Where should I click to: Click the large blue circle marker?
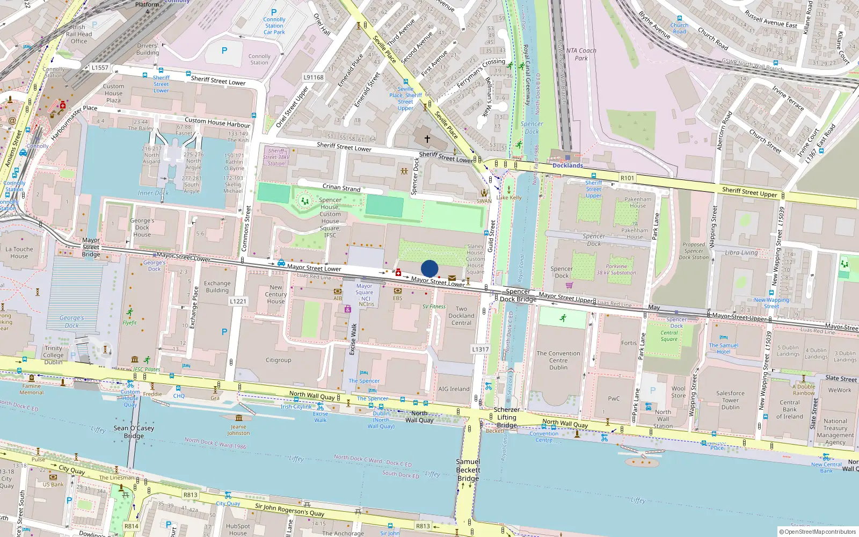click(429, 268)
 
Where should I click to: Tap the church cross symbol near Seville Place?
click(427, 139)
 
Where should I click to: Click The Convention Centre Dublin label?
click(558, 360)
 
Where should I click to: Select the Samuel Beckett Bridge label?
click(468, 470)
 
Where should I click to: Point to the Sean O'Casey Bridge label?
click(134, 432)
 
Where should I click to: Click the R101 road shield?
click(627, 178)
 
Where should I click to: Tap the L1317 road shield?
click(480, 349)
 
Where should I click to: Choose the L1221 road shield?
click(238, 301)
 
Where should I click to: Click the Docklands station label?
click(567, 165)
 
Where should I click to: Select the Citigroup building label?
click(278, 360)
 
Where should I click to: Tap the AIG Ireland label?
click(454, 389)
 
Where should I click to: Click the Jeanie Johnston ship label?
click(238, 430)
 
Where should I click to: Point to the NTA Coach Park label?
click(581, 54)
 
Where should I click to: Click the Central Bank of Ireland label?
click(789, 409)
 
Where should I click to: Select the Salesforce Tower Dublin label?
click(730, 400)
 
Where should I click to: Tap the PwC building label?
click(614, 398)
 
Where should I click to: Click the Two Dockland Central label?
click(461, 316)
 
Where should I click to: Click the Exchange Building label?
click(217, 287)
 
